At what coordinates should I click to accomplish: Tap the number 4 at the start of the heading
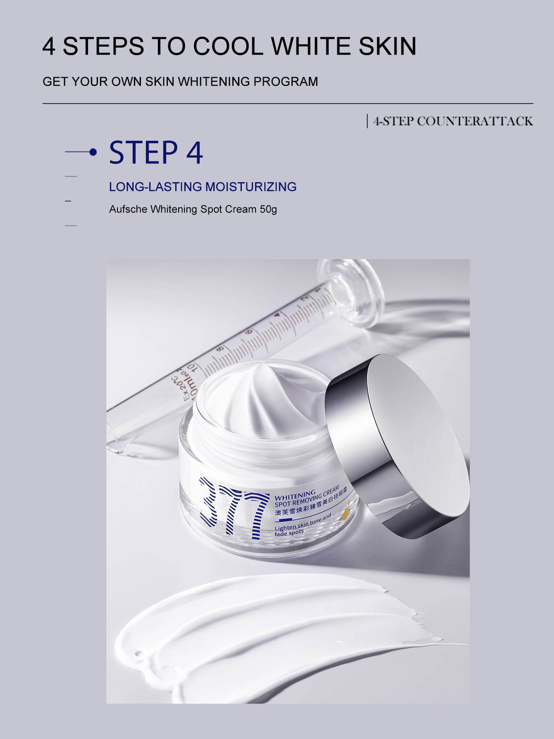[x=49, y=46]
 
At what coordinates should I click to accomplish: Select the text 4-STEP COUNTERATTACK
[x=452, y=121]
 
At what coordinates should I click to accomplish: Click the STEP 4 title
[x=156, y=152]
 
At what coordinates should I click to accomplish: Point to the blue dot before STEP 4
[x=93, y=153]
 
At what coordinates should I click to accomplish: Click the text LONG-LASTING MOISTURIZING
[x=203, y=187]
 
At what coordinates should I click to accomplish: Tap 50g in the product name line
[x=268, y=209]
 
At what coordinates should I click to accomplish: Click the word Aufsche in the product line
[x=128, y=209]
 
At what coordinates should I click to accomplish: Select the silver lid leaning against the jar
[x=409, y=439]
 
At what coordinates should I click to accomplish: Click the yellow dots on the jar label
[x=346, y=512]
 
